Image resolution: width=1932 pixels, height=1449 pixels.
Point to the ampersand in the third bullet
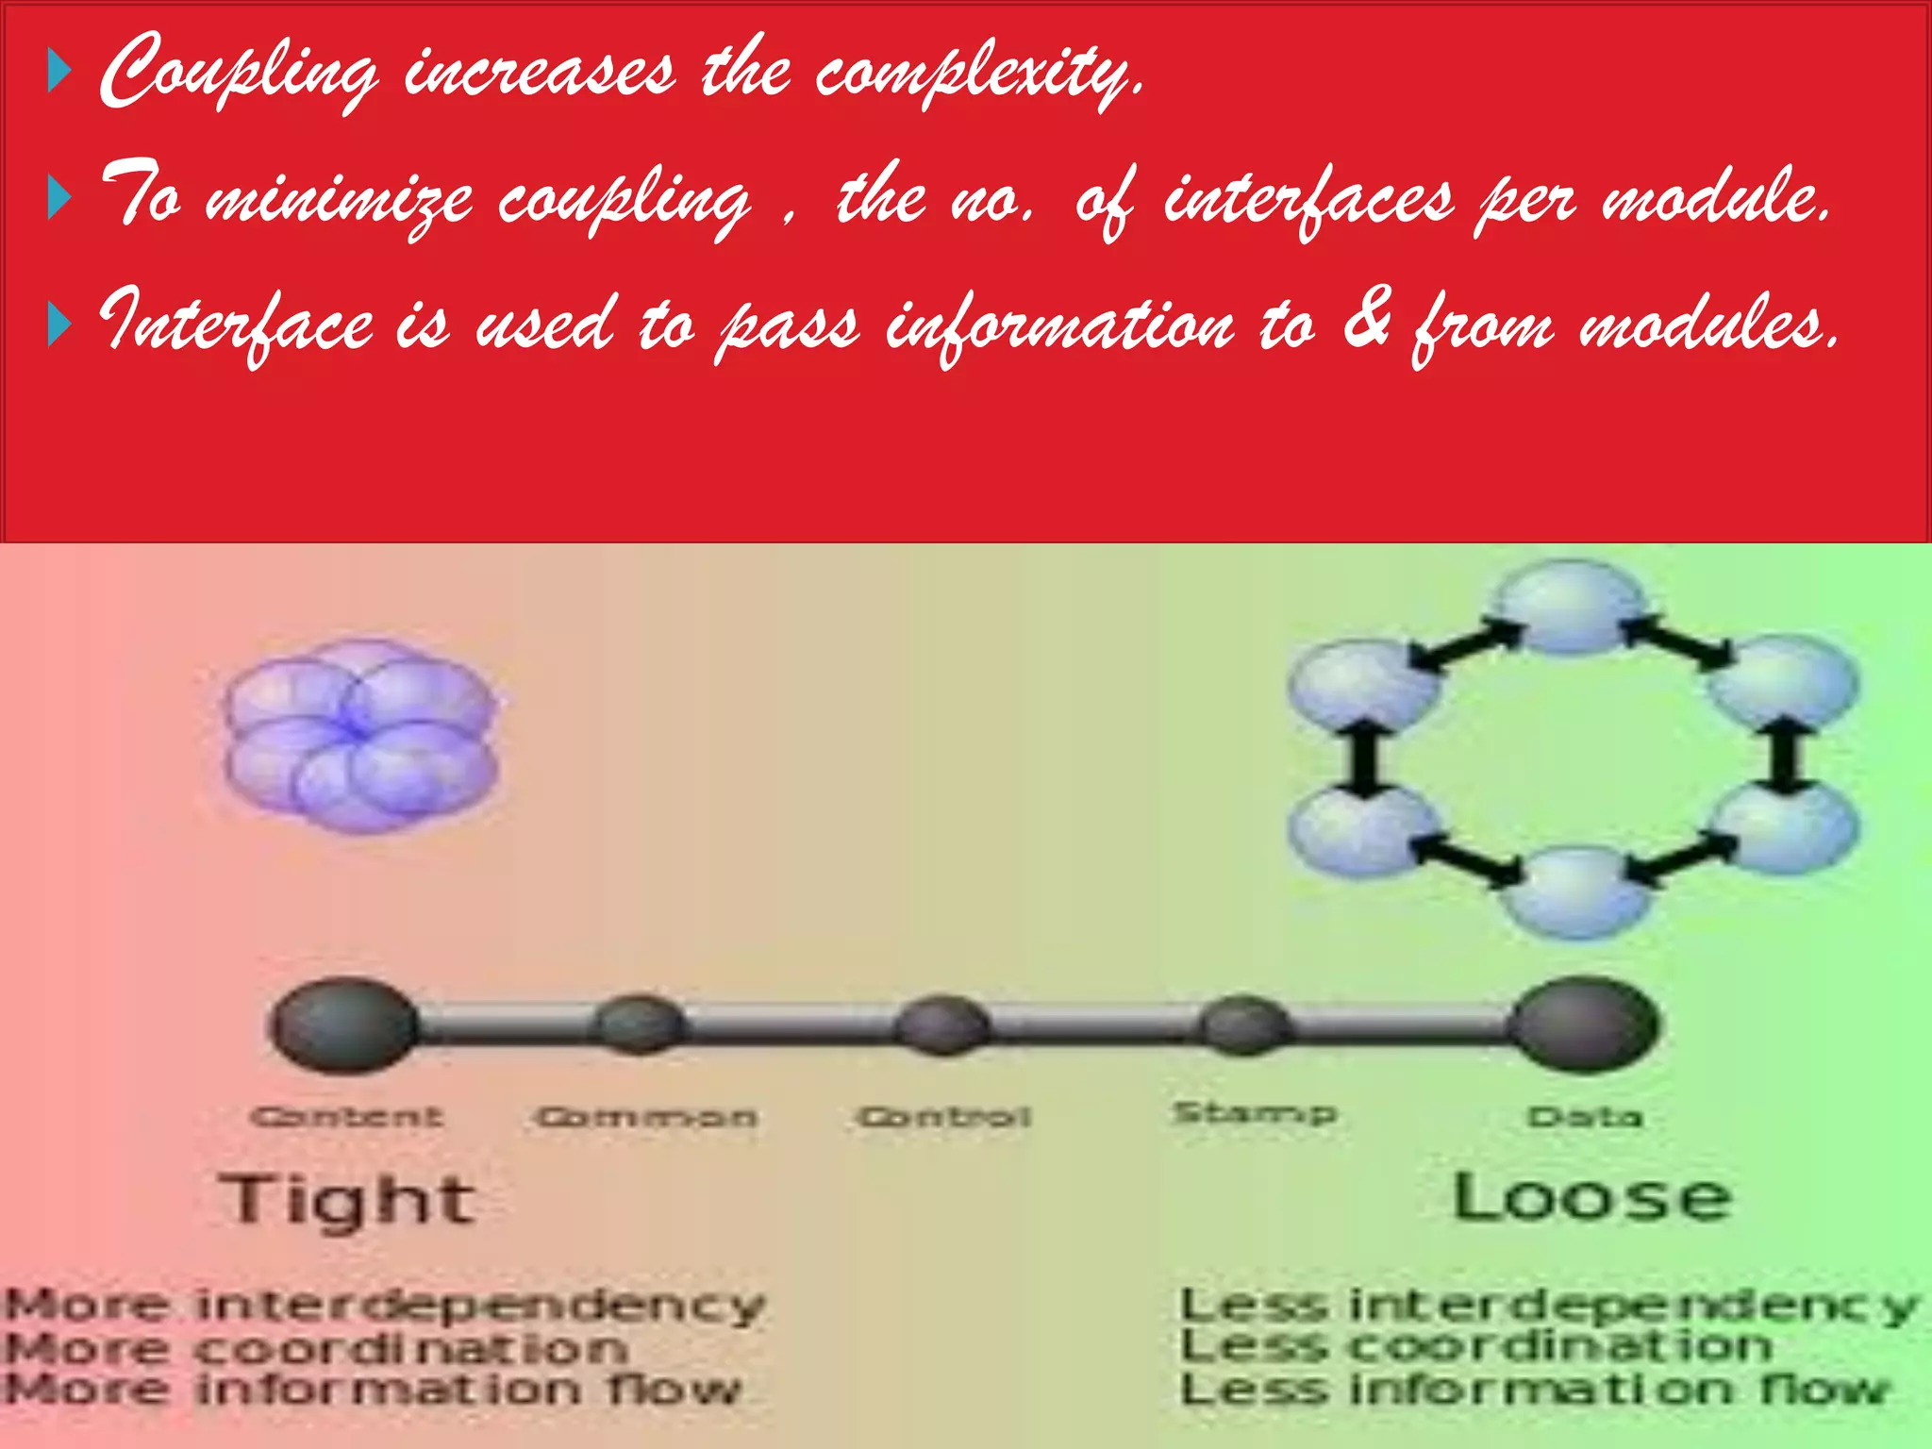(x=1366, y=321)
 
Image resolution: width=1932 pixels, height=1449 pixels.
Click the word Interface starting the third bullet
(x=236, y=325)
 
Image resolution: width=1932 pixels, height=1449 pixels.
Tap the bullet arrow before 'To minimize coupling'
(x=58, y=199)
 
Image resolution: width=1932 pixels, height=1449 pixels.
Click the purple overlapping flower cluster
(x=361, y=736)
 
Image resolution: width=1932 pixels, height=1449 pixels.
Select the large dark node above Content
(x=345, y=1024)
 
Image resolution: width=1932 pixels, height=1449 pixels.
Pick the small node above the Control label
(x=941, y=1026)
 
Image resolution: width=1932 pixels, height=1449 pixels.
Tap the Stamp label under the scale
(x=1255, y=1114)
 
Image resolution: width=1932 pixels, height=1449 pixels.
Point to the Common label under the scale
(x=646, y=1118)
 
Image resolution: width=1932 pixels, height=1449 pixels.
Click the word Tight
(x=347, y=1200)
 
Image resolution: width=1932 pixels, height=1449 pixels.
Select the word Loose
(x=1591, y=1198)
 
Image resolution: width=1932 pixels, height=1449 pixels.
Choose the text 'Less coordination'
(x=1476, y=1347)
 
